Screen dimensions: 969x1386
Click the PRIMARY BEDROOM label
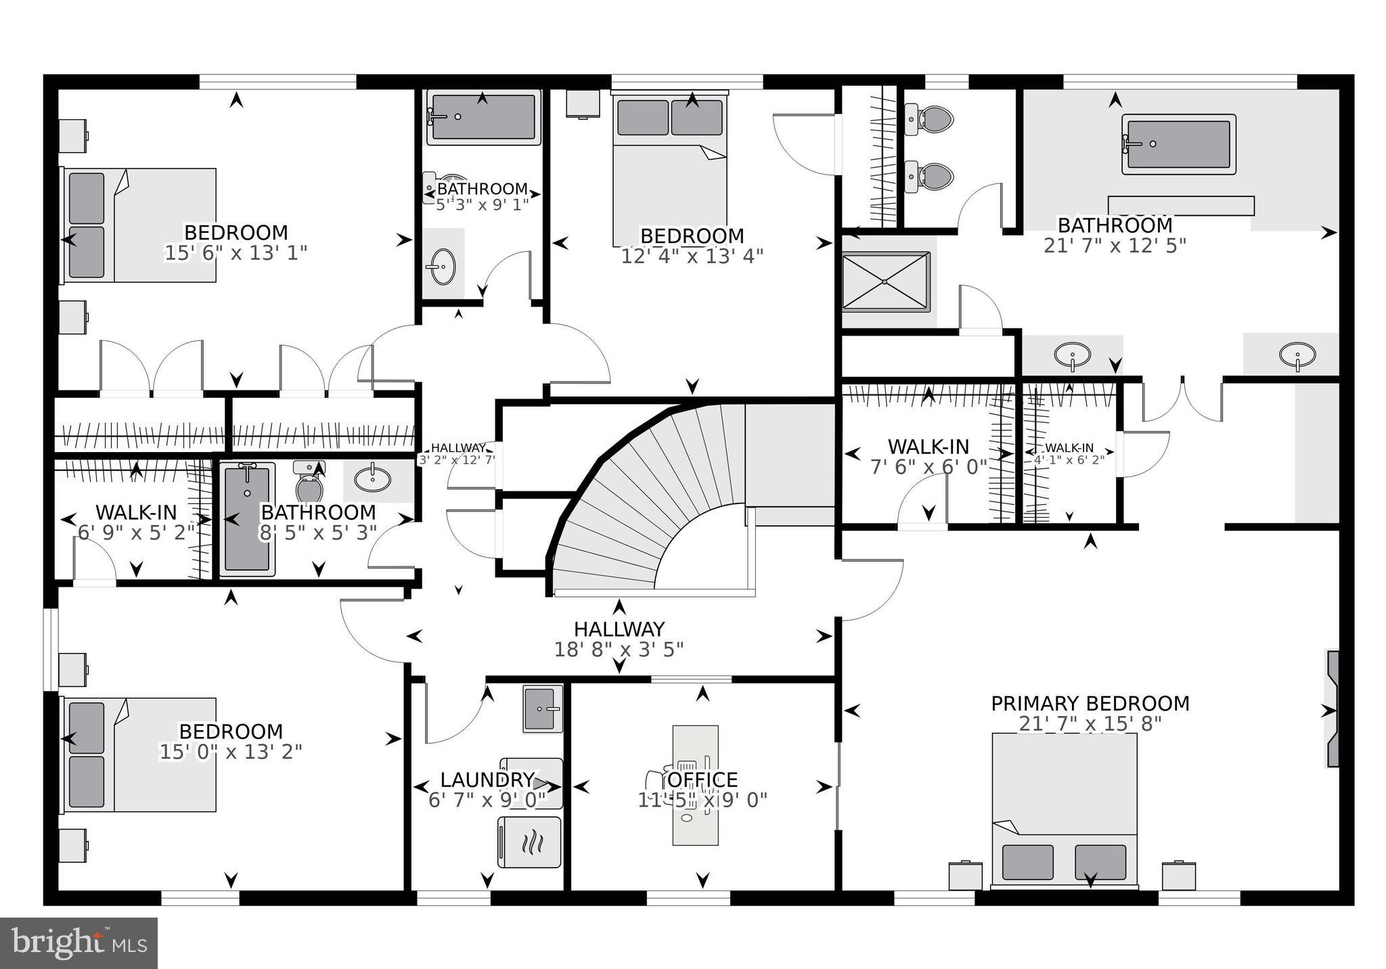[1090, 704]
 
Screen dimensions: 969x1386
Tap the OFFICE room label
[702, 780]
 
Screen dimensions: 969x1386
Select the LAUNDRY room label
[487, 780]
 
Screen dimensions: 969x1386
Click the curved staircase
[650, 501]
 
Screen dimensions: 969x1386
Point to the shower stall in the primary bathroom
[886, 281]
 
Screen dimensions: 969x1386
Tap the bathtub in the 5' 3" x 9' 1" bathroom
[483, 117]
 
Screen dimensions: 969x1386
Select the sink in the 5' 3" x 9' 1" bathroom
[443, 267]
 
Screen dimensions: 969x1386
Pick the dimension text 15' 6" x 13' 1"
[236, 253]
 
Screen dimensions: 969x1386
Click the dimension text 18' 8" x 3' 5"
[619, 650]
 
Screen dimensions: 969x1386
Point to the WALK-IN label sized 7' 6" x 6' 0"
[928, 447]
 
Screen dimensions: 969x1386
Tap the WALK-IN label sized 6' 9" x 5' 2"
[136, 512]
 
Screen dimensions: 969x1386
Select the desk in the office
[695, 785]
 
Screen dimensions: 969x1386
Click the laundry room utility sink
[542, 708]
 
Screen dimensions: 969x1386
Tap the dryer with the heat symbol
[530, 842]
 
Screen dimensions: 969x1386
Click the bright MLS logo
[79, 943]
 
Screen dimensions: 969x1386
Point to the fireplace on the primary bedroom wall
[1333, 708]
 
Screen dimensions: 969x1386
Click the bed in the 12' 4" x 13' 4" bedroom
[670, 169]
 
